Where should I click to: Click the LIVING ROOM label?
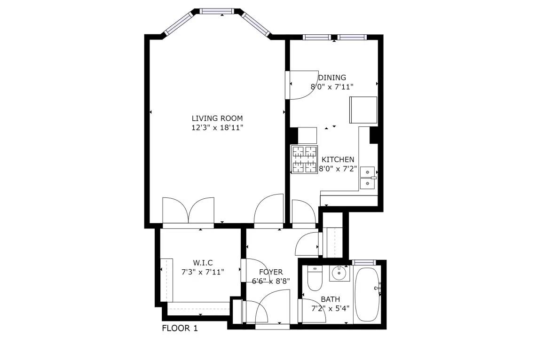(x=217, y=118)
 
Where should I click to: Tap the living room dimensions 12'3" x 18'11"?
(x=217, y=128)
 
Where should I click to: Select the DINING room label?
(x=332, y=78)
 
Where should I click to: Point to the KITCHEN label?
(x=338, y=159)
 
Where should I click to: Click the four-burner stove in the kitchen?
(x=304, y=159)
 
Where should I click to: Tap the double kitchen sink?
(x=368, y=178)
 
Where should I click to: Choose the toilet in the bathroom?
(x=315, y=278)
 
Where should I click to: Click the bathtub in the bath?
(x=367, y=294)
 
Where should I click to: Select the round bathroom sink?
(x=339, y=273)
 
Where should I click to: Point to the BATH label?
(x=330, y=299)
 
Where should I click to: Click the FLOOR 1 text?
(x=180, y=329)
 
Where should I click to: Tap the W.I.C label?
(x=203, y=263)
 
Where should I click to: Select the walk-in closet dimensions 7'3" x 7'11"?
(x=203, y=272)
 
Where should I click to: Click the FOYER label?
(x=271, y=272)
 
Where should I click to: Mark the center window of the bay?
(x=216, y=11)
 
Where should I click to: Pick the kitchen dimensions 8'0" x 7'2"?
(x=338, y=169)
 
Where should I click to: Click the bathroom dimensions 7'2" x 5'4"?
(x=330, y=309)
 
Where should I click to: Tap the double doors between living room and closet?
(x=189, y=212)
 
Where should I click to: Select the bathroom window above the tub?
(x=364, y=262)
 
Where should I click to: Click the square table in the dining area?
(x=363, y=110)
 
